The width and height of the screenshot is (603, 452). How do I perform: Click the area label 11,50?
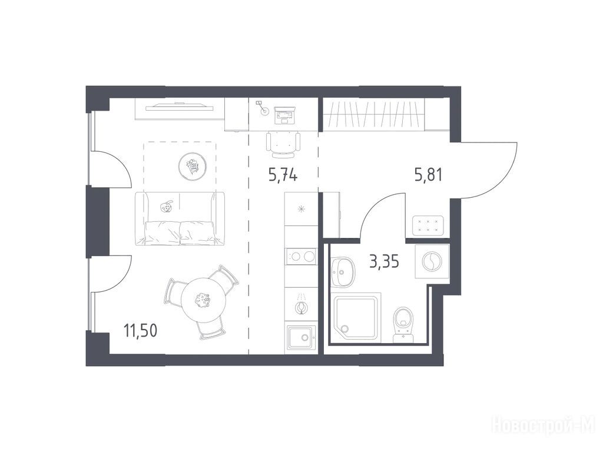140,330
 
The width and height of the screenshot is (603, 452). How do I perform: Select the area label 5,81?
428,175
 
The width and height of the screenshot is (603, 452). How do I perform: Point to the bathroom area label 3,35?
384,262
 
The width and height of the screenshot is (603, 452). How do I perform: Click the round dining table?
203,300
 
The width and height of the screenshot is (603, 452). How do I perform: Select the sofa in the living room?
180,218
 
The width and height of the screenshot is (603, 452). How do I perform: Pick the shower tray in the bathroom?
357,318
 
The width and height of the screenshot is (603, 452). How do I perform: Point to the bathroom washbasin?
343,272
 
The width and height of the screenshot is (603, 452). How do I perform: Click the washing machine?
432,261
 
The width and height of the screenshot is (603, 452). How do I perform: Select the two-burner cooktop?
301,257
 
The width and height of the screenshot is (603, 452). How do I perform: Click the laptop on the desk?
285,115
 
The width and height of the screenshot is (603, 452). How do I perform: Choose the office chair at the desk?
283,144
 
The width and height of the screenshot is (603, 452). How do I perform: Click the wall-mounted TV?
180,107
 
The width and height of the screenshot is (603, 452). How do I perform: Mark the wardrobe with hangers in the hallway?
374,114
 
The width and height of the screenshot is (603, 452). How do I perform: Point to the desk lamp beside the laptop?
262,108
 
